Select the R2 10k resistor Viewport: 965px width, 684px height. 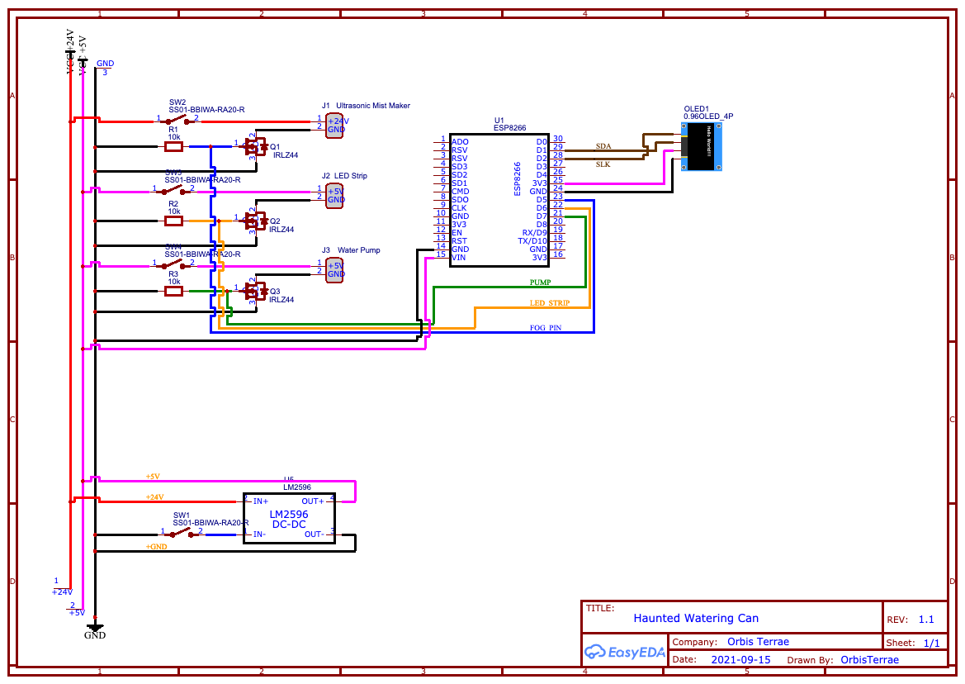click(174, 221)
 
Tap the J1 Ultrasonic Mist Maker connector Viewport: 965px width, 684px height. click(334, 125)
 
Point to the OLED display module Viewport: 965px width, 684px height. click(702, 146)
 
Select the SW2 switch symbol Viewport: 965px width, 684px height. click(178, 121)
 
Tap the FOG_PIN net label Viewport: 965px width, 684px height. click(546, 328)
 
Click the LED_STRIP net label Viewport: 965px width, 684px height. click(549, 303)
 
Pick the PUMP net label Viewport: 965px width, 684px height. click(540, 283)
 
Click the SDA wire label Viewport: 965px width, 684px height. click(603, 145)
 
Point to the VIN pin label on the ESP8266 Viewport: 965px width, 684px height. click(459, 258)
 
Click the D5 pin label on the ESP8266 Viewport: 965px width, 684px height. click(542, 199)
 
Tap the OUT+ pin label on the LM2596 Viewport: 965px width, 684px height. click(313, 501)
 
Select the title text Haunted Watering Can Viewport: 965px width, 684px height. click(696, 618)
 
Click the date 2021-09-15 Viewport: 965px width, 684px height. click(740, 659)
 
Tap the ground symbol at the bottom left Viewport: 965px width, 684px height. click(95, 628)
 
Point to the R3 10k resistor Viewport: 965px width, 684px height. click(174, 291)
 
